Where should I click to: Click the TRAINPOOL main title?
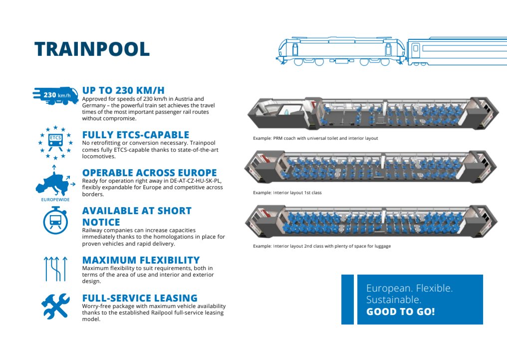tap(92, 49)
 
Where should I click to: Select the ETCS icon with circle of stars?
tap(55, 142)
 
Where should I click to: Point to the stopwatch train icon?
tap(55, 220)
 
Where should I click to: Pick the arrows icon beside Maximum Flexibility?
tap(55, 268)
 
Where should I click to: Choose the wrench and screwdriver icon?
tap(55, 306)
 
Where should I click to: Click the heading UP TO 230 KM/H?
tap(123, 90)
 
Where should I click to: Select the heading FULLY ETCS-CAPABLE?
tap(135, 135)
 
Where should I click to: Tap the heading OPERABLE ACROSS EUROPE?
tap(149, 173)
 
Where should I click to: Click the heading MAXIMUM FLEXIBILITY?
tap(141, 260)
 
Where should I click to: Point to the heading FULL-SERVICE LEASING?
tap(140, 299)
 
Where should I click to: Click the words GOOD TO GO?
tap(400, 312)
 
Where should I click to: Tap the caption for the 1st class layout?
tap(287, 192)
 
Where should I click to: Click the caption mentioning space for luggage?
tap(321, 246)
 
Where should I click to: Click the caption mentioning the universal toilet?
tap(315, 138)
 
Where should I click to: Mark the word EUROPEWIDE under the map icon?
tap(54, 199)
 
